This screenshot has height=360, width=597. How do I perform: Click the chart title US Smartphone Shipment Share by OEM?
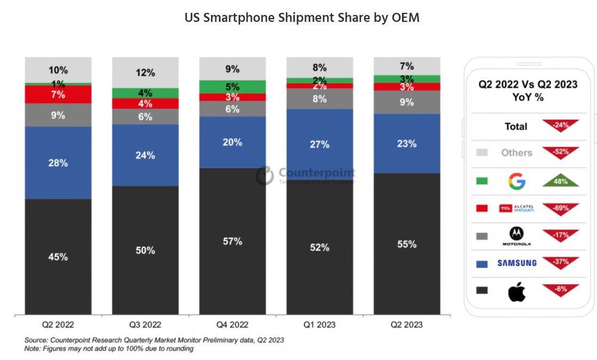(302, 18)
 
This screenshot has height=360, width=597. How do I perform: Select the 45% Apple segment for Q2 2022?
(58, 256)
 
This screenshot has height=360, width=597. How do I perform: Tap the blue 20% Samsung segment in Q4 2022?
(232, 142)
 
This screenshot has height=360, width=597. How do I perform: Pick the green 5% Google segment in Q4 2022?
(232, 87)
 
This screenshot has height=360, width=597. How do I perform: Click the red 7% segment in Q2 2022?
(58, 95)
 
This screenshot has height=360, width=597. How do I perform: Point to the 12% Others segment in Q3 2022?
(145, 73)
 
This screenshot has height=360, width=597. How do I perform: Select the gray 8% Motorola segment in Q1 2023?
(319, 98)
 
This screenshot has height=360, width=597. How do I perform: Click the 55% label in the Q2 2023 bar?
(407, 244)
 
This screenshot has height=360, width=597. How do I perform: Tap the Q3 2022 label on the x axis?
(145, 324)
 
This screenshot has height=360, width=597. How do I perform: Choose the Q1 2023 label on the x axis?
(319, 324)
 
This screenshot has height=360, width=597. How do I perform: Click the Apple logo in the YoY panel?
(517, 292)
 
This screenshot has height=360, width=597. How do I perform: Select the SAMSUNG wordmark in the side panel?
(517, 263)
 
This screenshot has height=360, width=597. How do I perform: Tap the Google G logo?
(517, 182)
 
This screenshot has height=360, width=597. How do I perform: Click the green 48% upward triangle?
(561, 182)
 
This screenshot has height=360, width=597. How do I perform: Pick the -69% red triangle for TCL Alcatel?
(561, 207)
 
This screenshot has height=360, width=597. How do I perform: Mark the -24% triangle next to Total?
(561, 126)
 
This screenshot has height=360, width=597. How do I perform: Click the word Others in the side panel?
(516, 153)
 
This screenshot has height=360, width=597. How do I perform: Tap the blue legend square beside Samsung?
(482, 263)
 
